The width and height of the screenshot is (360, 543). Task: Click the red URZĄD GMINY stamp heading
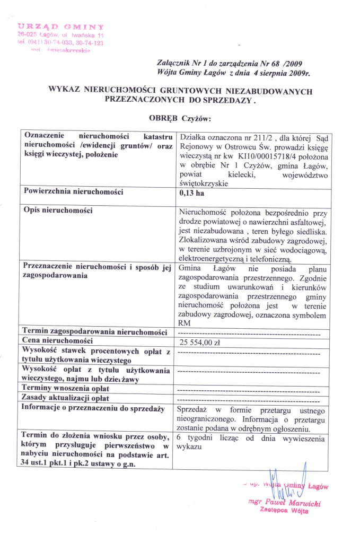coord(60,26)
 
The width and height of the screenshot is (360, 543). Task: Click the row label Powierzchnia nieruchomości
coord(74,192)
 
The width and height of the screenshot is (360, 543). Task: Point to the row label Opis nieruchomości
coord(58,211)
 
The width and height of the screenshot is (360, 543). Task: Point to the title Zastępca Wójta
coord(284,511)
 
